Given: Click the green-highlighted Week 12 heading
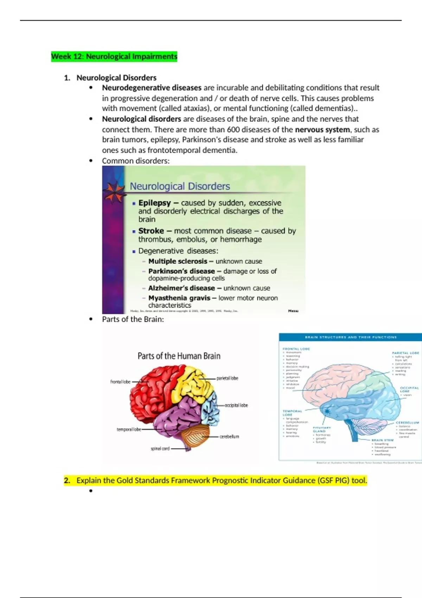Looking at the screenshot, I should click(x=114, y=56).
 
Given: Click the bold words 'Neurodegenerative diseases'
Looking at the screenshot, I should click(x=152, y=88).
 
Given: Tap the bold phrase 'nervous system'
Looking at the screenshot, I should click(x=322, y=129).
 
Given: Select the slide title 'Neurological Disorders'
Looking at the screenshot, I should click(x=180, y=186).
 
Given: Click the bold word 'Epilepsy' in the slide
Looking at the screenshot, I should click(x=154, y=203).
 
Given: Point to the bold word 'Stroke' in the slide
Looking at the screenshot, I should click(x=151, y=231).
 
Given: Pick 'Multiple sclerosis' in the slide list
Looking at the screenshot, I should click(x=178, y=261).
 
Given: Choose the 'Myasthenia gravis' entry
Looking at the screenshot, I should click(x=179, y=298).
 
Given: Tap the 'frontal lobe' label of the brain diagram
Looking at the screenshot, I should click(x=120, y=382).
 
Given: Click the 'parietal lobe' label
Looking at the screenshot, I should click(x=227, y=378).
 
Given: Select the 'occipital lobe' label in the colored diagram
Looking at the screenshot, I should click(x=236, y=405).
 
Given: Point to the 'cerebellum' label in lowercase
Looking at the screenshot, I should click(x=229, y=437).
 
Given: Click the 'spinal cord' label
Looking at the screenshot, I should click(x=160, y=448).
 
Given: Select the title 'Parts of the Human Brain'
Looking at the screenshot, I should click(x=179, y=356).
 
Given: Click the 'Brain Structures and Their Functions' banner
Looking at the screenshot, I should click(x=350, y=337).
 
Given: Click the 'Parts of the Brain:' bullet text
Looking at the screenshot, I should click(x=133, y=319).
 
